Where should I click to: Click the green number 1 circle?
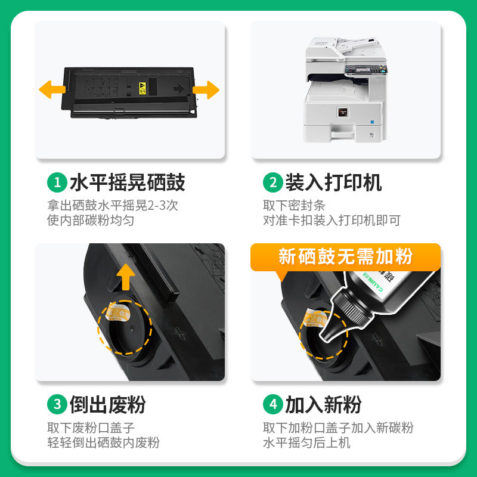(x=57, y=182)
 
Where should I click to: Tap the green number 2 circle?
(x=273, y=182)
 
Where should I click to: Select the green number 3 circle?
(x=57, y=404)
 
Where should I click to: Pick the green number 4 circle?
(x=273, y=404)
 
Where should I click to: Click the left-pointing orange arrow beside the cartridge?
(x=52, y=89)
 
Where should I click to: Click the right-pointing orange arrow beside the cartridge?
(x=206, y=90)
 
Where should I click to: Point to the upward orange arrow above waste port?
(x=126, y=277)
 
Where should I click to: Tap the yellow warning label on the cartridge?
(x=143, y=88)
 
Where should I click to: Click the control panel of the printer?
(x=366, y=70)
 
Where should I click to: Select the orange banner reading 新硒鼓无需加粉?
(x=345, y=257)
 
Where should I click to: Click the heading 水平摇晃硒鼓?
(x=128, y=182)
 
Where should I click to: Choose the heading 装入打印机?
(x=333, y=182)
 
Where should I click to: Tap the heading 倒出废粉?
(x=108, y=404)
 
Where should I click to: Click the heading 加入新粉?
(x=323, y=404)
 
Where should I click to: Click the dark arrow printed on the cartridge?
(x=179, y=88)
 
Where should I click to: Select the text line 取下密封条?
(x=294, y=205)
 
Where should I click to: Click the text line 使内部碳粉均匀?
(x=91, y=220)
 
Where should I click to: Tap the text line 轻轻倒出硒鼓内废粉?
(x=103, y=442)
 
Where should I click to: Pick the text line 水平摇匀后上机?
(x=306, y=442)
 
